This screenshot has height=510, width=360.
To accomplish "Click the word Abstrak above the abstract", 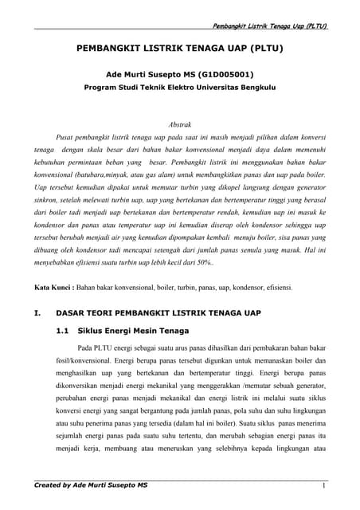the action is point(181,125).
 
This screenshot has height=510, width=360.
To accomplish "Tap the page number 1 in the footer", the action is point(325,485).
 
